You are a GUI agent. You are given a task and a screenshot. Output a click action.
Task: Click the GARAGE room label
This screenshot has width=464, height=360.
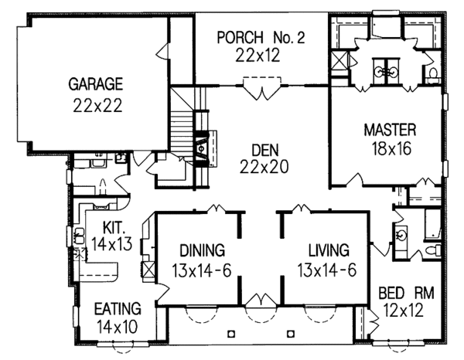[96, 84]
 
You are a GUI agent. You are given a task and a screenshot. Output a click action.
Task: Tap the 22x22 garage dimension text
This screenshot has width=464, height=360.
[97, 105]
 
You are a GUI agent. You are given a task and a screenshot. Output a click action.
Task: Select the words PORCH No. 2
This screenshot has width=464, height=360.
[261, 37]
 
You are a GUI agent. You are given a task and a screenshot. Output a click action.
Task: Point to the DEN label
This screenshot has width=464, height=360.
[265, 150]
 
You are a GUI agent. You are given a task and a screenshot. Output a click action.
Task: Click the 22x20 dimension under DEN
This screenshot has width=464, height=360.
[264, 167]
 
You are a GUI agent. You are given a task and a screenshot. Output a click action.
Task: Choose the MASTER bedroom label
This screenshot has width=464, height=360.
[390, 130]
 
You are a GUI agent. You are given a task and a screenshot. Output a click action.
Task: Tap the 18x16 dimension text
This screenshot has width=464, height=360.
[391, 148]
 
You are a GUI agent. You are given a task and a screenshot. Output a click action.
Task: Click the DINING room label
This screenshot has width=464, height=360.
[203, 250]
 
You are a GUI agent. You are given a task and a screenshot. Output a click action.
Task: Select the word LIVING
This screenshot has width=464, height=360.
[329, 250]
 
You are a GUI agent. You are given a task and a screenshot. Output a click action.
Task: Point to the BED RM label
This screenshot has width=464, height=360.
[406, 293]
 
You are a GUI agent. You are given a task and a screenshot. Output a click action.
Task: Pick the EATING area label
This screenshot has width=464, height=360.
[118, 308]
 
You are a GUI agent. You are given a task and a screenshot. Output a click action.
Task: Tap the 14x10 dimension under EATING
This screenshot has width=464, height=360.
[118, 327]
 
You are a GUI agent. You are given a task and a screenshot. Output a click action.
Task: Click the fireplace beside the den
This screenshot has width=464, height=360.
[202, 148]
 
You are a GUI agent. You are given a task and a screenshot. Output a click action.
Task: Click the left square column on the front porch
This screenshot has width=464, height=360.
[231, 334]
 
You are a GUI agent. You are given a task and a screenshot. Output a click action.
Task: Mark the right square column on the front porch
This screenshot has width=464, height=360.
[291, 334]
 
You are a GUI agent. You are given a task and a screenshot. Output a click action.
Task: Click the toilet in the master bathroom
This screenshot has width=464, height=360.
[433, 73]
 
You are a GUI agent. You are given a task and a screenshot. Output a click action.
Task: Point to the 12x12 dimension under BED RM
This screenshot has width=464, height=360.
[403, 311]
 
